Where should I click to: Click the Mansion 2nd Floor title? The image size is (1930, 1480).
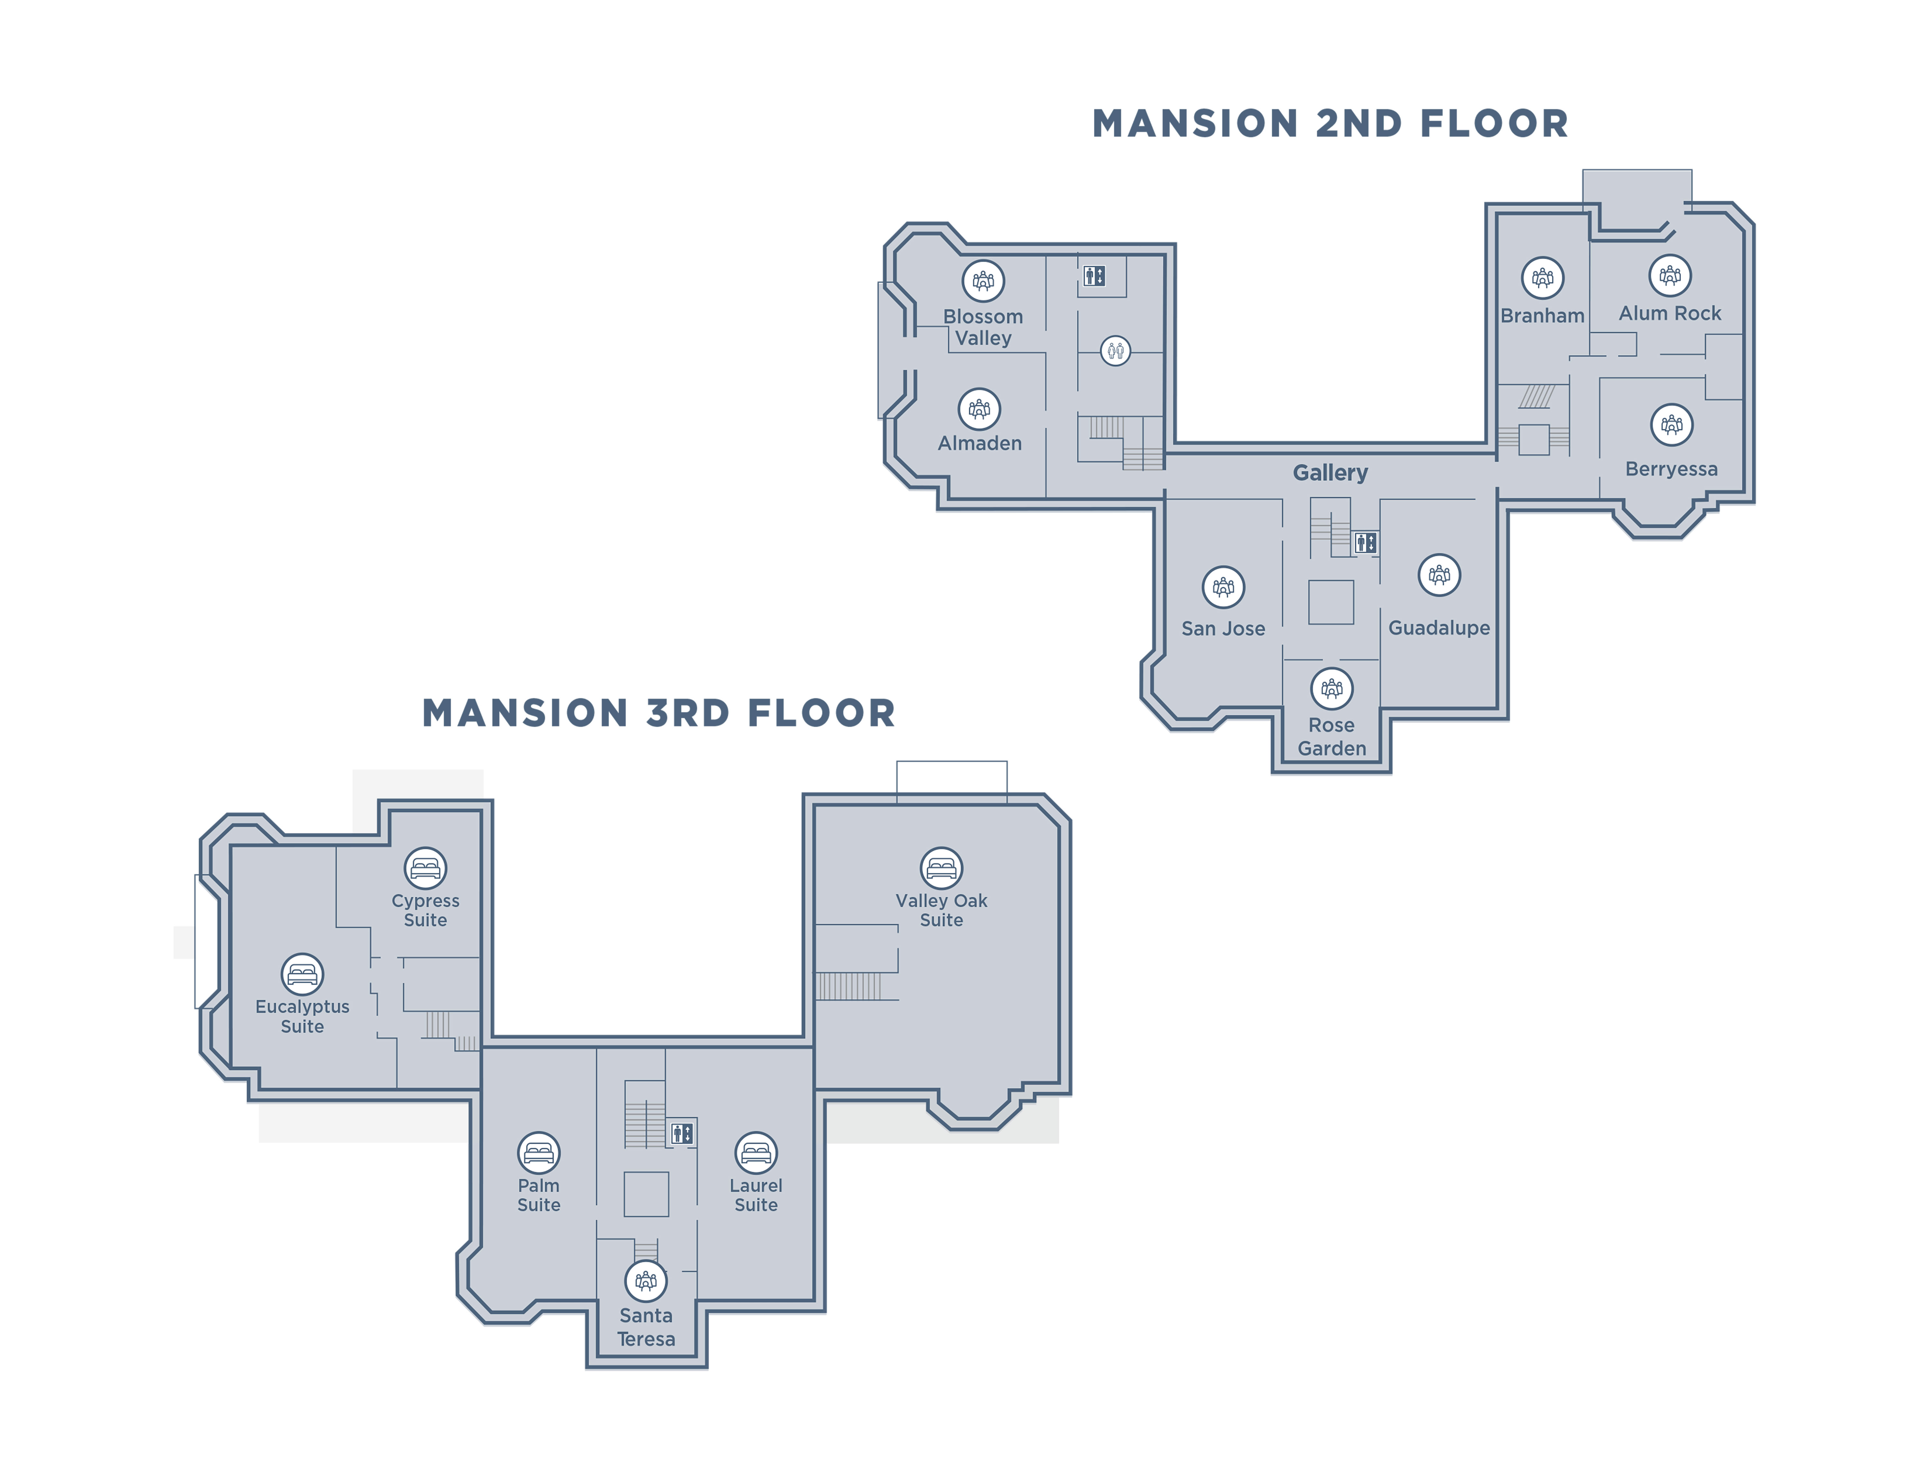pyautogui.click(x=1330, y=123)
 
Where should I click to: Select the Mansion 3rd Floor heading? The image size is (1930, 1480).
pyautogui.click(x=659, y=713)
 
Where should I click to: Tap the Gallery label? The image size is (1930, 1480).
pyautogui.click(x=1330, y=473)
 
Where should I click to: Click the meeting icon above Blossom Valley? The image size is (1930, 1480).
pyautogui.click(x=983, y=281)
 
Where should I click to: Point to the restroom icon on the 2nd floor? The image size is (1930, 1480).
pyautogui.click(x=1115, y=351)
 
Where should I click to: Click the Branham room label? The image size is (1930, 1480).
pyautogui.click(x=1542, y=315)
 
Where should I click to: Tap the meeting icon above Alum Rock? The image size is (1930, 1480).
pyautogui.click(x=1670, y=276)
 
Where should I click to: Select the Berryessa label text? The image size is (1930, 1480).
pyautogui.click(x=1671, y=469)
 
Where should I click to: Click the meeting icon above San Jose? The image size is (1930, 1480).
pyautogui.click(x=1224, y=587)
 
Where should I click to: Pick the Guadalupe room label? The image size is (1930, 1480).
pyautogui.click(x=1439, y=628)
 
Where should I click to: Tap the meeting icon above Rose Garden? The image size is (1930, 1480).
pyautogui.click(x=1332, y=688)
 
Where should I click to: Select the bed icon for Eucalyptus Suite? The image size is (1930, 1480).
pyautogui.click(x=302, y=974)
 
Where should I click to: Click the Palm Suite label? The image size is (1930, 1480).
pyautogui.click(x=538, y=1196)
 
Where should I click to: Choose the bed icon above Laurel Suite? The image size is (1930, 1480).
pyautogui.click(x=756, y=1153)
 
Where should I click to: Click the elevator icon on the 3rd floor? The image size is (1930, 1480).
pyautogui.click(x=682, y=1133)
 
